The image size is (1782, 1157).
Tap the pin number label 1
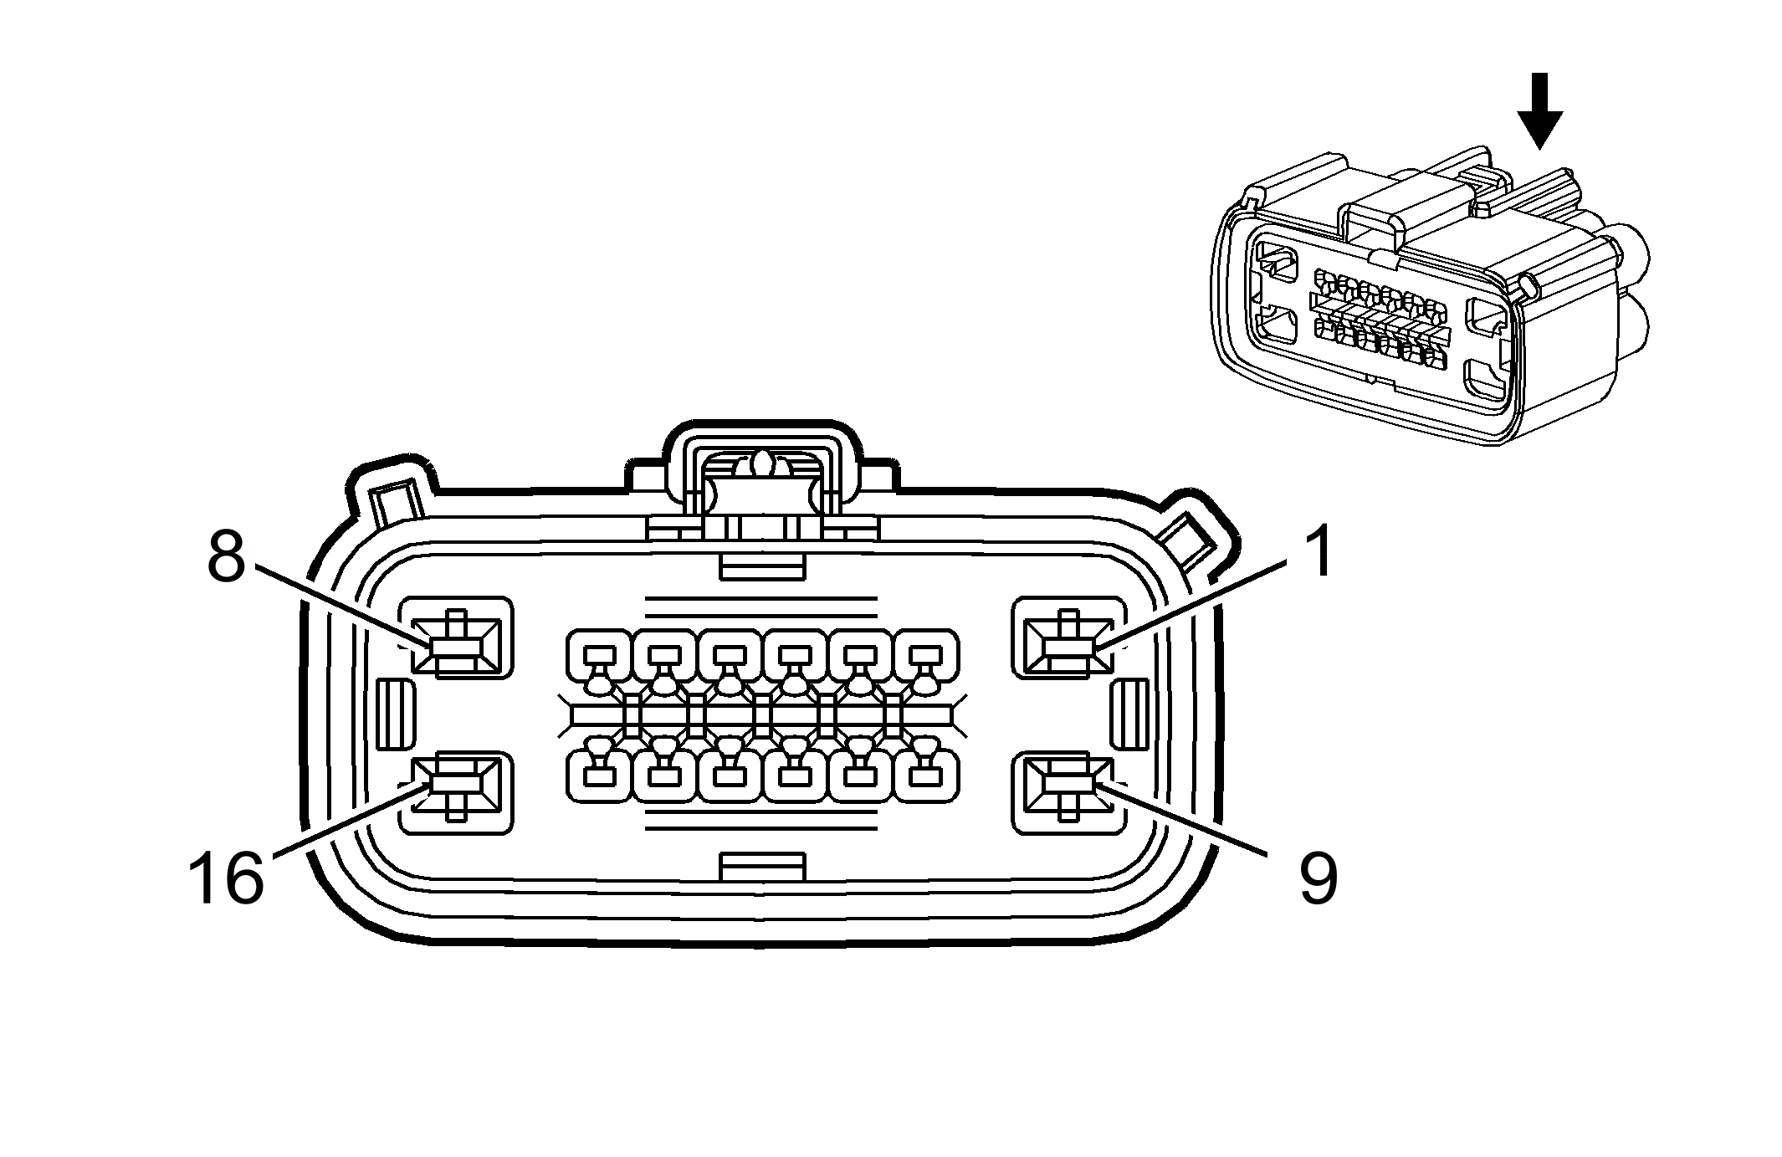(x=1317, y=552)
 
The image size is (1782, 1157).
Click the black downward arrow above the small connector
(x=1539, y=110)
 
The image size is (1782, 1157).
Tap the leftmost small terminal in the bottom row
(x=599, y=775)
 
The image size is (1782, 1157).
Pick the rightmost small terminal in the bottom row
(x=927, y=775)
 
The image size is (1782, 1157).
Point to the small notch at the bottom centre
(x=762, y=867)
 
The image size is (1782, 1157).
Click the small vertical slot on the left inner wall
(x=397, y=714)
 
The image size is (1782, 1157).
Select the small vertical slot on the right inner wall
(x=1129, y=714)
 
